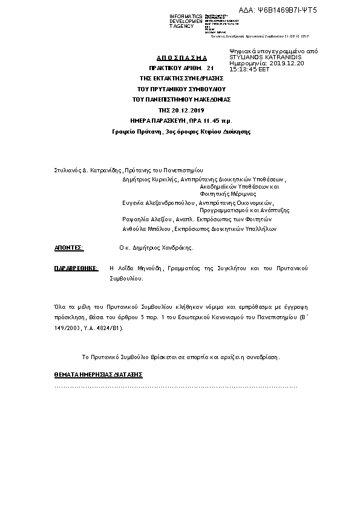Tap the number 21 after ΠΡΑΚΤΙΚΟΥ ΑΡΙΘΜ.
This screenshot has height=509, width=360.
coord(210,69)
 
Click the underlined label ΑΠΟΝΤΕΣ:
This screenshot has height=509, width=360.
coord(69,248)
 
